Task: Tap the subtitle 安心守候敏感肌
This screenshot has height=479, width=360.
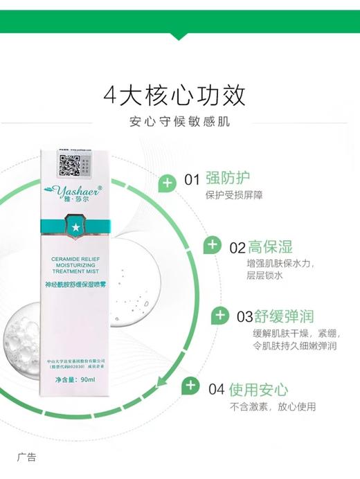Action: tap(180, 123)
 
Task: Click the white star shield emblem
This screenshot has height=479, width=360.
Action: tap(76, 227)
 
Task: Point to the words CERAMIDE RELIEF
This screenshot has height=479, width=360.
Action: tap(76, 256)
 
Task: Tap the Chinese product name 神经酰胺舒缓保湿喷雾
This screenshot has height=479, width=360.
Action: tap(77, 284)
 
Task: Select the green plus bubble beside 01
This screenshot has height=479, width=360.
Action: tap(167, 183)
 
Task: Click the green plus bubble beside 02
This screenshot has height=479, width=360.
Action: tap(213, 246)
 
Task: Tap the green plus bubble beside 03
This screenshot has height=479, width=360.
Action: tap(220, 316)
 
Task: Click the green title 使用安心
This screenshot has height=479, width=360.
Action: tap(258, 388)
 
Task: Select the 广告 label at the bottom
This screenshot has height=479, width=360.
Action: tap(26, 458)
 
